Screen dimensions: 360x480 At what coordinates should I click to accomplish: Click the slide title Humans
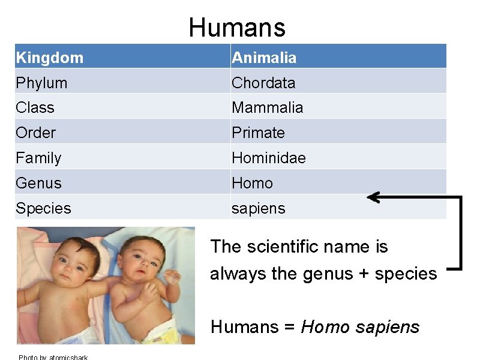tap(237, 28)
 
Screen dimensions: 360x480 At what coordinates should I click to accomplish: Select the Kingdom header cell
tap(50, 58)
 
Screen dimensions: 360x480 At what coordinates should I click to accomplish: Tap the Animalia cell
tap(264, 58)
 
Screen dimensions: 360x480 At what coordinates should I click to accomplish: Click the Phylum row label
tap(41, 83)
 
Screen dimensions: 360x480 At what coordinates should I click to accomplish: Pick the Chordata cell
tap(263, 83)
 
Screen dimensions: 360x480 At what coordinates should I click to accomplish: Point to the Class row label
tap(35, 108)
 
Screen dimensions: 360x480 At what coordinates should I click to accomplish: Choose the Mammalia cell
tap(267, 108)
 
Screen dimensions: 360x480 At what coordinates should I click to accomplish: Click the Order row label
tap(36, 133)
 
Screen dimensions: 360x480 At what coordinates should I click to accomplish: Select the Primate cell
tap(258, 133)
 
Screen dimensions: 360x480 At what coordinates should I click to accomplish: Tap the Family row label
tap(38, 158)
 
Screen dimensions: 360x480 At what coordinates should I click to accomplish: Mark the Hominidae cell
tap(269, 158)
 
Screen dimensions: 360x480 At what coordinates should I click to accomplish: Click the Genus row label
tap(38, 183)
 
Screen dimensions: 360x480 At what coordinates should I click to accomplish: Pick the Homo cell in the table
tap(252, 183)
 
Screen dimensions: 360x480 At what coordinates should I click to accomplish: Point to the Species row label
tap(43, 208)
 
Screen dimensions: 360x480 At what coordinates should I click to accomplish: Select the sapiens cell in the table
tap(259, 208)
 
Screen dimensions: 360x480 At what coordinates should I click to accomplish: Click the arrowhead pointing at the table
tap(373, 197)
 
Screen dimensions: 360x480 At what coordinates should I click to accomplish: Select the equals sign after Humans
tap(289, 328)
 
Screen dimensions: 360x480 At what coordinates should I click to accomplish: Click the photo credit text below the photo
tap(53, 358)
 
